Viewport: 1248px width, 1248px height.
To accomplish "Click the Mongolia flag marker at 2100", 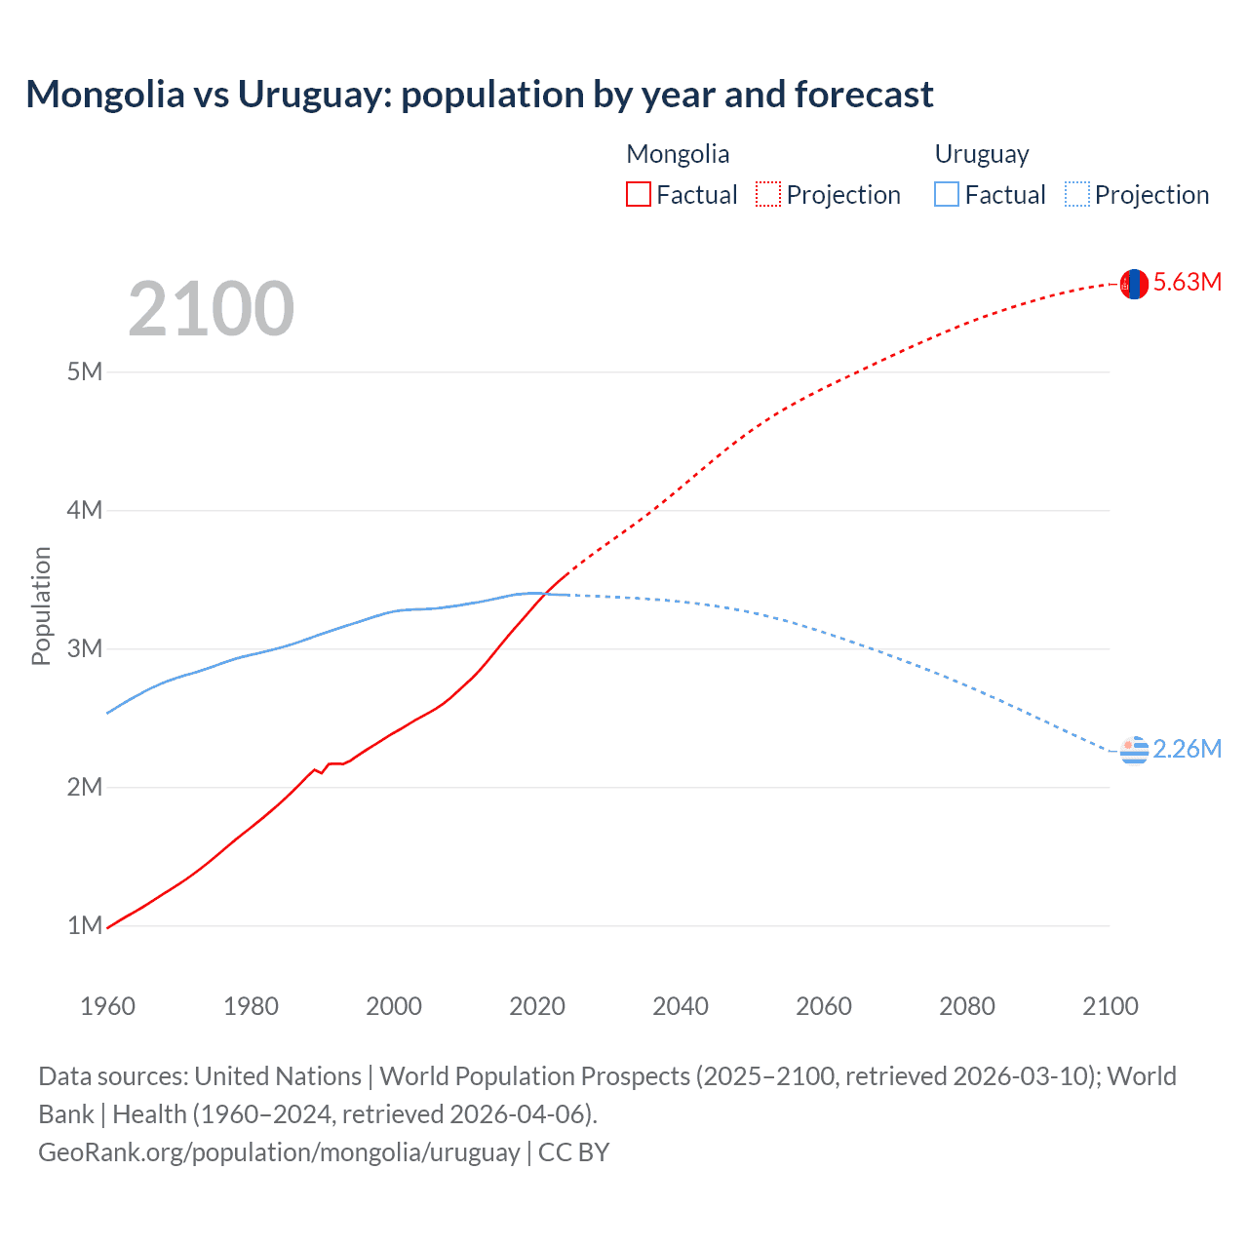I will pyautogui.click(x=1134, y=284).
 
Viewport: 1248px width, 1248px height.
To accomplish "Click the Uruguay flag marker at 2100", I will pyautogui.click(x=1134, y=751).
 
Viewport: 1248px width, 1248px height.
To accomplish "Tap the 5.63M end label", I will pyautogui.click(x=1187, y=283).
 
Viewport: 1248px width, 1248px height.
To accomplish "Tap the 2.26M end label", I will pyautogui.click(x=1187, y=749).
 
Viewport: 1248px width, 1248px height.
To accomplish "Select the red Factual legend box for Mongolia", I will pyautogui.click(x=639, y=195).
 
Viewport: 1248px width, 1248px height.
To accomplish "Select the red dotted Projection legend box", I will pyautogui.click(x=768, y=195).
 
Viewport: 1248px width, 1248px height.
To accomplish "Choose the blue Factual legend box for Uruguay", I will pyautogui.click(x=947, y=195).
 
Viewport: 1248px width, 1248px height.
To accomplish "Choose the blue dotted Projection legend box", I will pyautogui.click(x=1077, y=195).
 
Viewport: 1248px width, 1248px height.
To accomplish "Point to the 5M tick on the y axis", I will pyautogui.click(x=85, y=371).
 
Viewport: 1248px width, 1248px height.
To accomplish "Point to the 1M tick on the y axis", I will pyautogui.click(x=85, y=925).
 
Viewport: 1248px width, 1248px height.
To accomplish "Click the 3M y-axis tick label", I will pyautogui.click(x=85, y=648).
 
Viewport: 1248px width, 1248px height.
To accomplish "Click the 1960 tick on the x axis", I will pyautogui.click(x=107, y=1006).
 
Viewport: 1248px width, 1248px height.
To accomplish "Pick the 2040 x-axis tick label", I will pyautogui.click(x=681, y=1006).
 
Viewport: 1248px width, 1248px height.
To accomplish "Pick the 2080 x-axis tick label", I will pyautogui.click(x=967, y=1006).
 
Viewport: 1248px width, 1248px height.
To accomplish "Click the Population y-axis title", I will pyautogui.click(x=41, y=605).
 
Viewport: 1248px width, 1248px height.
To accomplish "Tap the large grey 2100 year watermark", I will pyautogui.click(x=211, y=309).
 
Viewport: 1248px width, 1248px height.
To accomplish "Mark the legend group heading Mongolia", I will pyautogui.click(x=678, y=154).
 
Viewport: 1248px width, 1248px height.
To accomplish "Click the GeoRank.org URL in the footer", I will pyautogui.click(x=279, y=1152).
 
